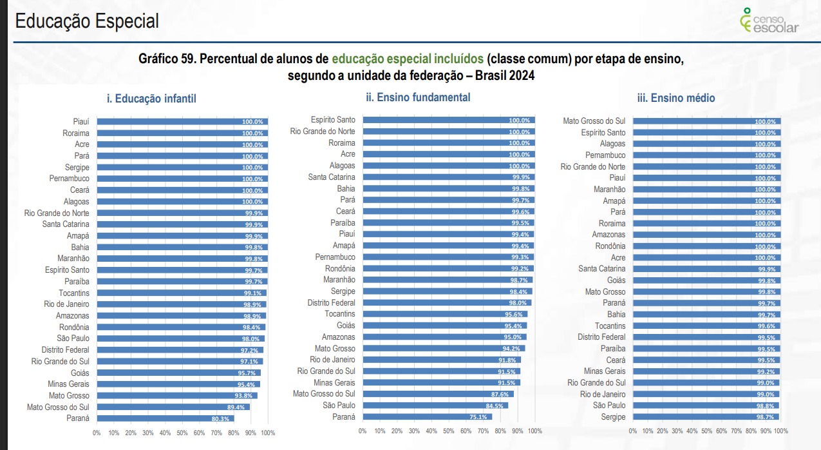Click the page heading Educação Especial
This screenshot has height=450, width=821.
tap(86, 21)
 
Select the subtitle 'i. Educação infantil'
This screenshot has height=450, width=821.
tap(151, 99)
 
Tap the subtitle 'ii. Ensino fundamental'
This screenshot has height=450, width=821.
tap(418, 97)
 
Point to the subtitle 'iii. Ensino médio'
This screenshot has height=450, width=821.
tap(676, 98)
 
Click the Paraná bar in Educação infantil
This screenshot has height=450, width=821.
tap(165, 418)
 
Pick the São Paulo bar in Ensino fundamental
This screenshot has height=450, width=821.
tap(435, 406)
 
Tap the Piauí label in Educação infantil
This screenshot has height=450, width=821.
tap(80, 121)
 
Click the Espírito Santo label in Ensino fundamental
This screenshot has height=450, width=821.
tap(332, 120)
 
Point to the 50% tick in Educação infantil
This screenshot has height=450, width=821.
tap(182, 433)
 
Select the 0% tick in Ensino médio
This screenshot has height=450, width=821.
tap(632, 431)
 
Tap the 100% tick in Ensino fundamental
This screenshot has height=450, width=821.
tap(534, 431)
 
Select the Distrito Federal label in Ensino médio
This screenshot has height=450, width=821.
tap(601, 337)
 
